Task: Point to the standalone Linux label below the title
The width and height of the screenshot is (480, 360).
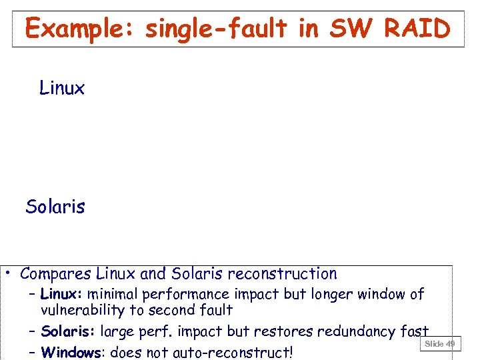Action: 62,88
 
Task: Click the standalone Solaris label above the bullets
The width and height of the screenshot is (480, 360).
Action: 55,207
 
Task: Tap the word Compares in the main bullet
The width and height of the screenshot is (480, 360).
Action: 56,273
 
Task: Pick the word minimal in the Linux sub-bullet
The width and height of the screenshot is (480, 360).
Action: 112,294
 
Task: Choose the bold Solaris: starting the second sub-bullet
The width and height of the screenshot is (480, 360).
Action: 68,332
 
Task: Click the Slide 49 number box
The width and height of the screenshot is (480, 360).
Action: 440,344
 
